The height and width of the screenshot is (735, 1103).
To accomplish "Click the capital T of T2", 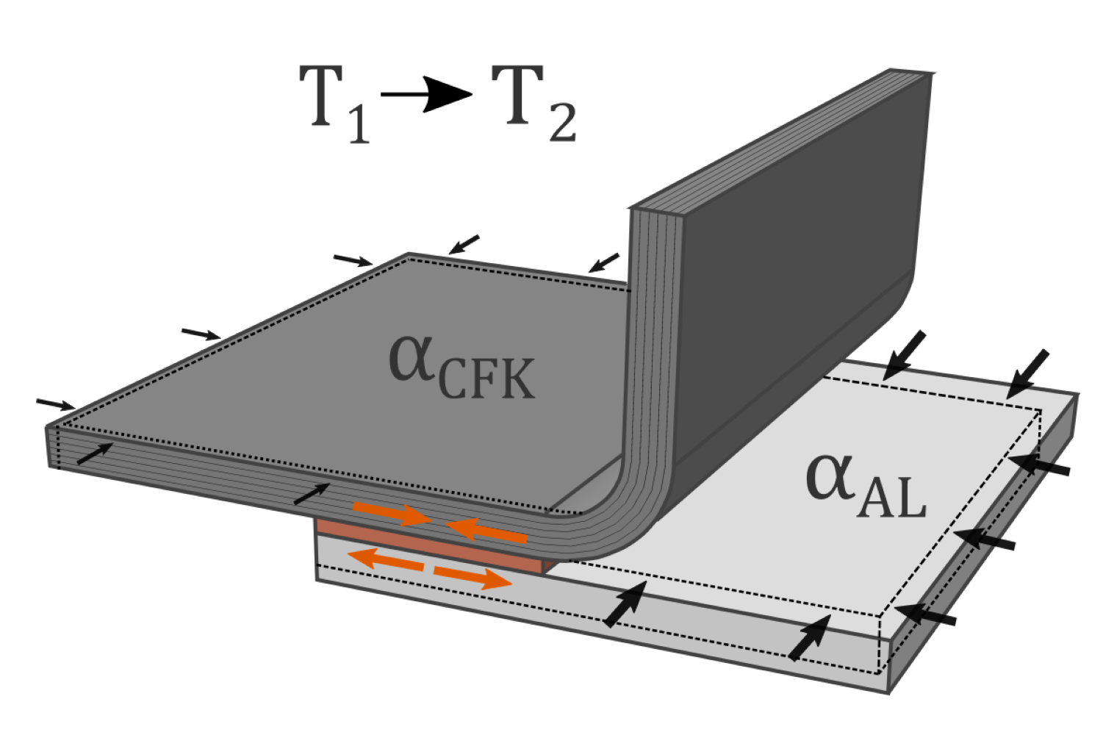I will tap(517, 94).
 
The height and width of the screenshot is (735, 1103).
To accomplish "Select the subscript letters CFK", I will tap(486, 379).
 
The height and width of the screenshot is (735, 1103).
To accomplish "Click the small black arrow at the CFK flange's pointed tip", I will tap(56, 403).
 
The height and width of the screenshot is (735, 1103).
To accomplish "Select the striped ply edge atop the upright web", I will tap(779, 140).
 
